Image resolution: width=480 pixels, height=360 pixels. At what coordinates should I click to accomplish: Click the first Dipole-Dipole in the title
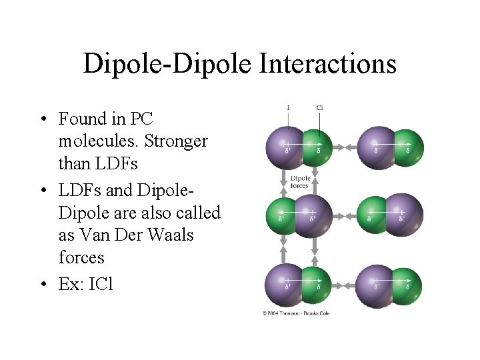tap(167, 64)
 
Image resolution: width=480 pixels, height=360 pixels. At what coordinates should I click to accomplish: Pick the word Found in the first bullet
tap(83, 119)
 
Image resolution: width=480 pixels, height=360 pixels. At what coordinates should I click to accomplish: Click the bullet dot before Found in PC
tap(43, 120)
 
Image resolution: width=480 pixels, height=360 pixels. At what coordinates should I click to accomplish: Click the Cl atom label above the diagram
tap(319, 107)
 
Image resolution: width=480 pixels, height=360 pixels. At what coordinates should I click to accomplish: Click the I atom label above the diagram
tap(287, 107)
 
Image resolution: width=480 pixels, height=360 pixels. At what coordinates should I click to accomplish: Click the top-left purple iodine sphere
tap(285, 147)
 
